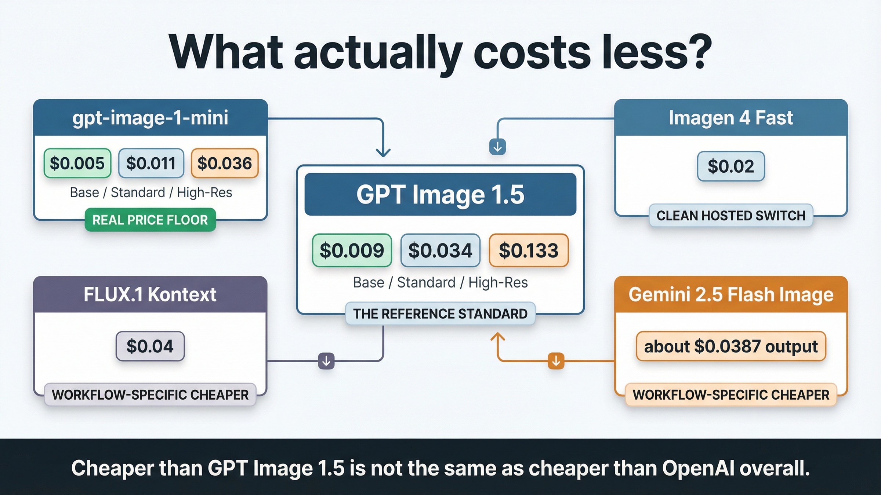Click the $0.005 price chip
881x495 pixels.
click(x=77, y=163)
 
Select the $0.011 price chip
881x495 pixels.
click(x=151, y=163)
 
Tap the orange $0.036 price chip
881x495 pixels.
click(x=225, y=163)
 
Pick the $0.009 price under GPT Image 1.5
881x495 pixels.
click(x=352, y=250)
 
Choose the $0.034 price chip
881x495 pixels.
click(x=440, y=250)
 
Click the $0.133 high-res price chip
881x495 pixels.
click(x=529, y=250)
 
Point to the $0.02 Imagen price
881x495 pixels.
click(x=730, y=166)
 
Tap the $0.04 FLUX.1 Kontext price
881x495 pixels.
click(x=150, y=346)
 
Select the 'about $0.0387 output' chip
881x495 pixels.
click(x=730, y=346)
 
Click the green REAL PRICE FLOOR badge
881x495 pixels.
click(x=150, y=220)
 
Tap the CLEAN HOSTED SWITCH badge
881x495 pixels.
click(x=730, y=216)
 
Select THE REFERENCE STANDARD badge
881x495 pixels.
click(x=440, y=313)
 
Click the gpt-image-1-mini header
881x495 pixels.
click(x=150, y=118)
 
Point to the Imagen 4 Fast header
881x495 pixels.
click(x=730, y=118)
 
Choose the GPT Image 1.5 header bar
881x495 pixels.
click(x=440, y=194)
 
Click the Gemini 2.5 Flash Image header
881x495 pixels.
click(x=730, y=294)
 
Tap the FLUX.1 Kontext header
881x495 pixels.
click(x=150, y=294)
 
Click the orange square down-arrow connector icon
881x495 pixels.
click(x=556, y=361)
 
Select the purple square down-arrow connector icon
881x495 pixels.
click(x=326, y=361)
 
